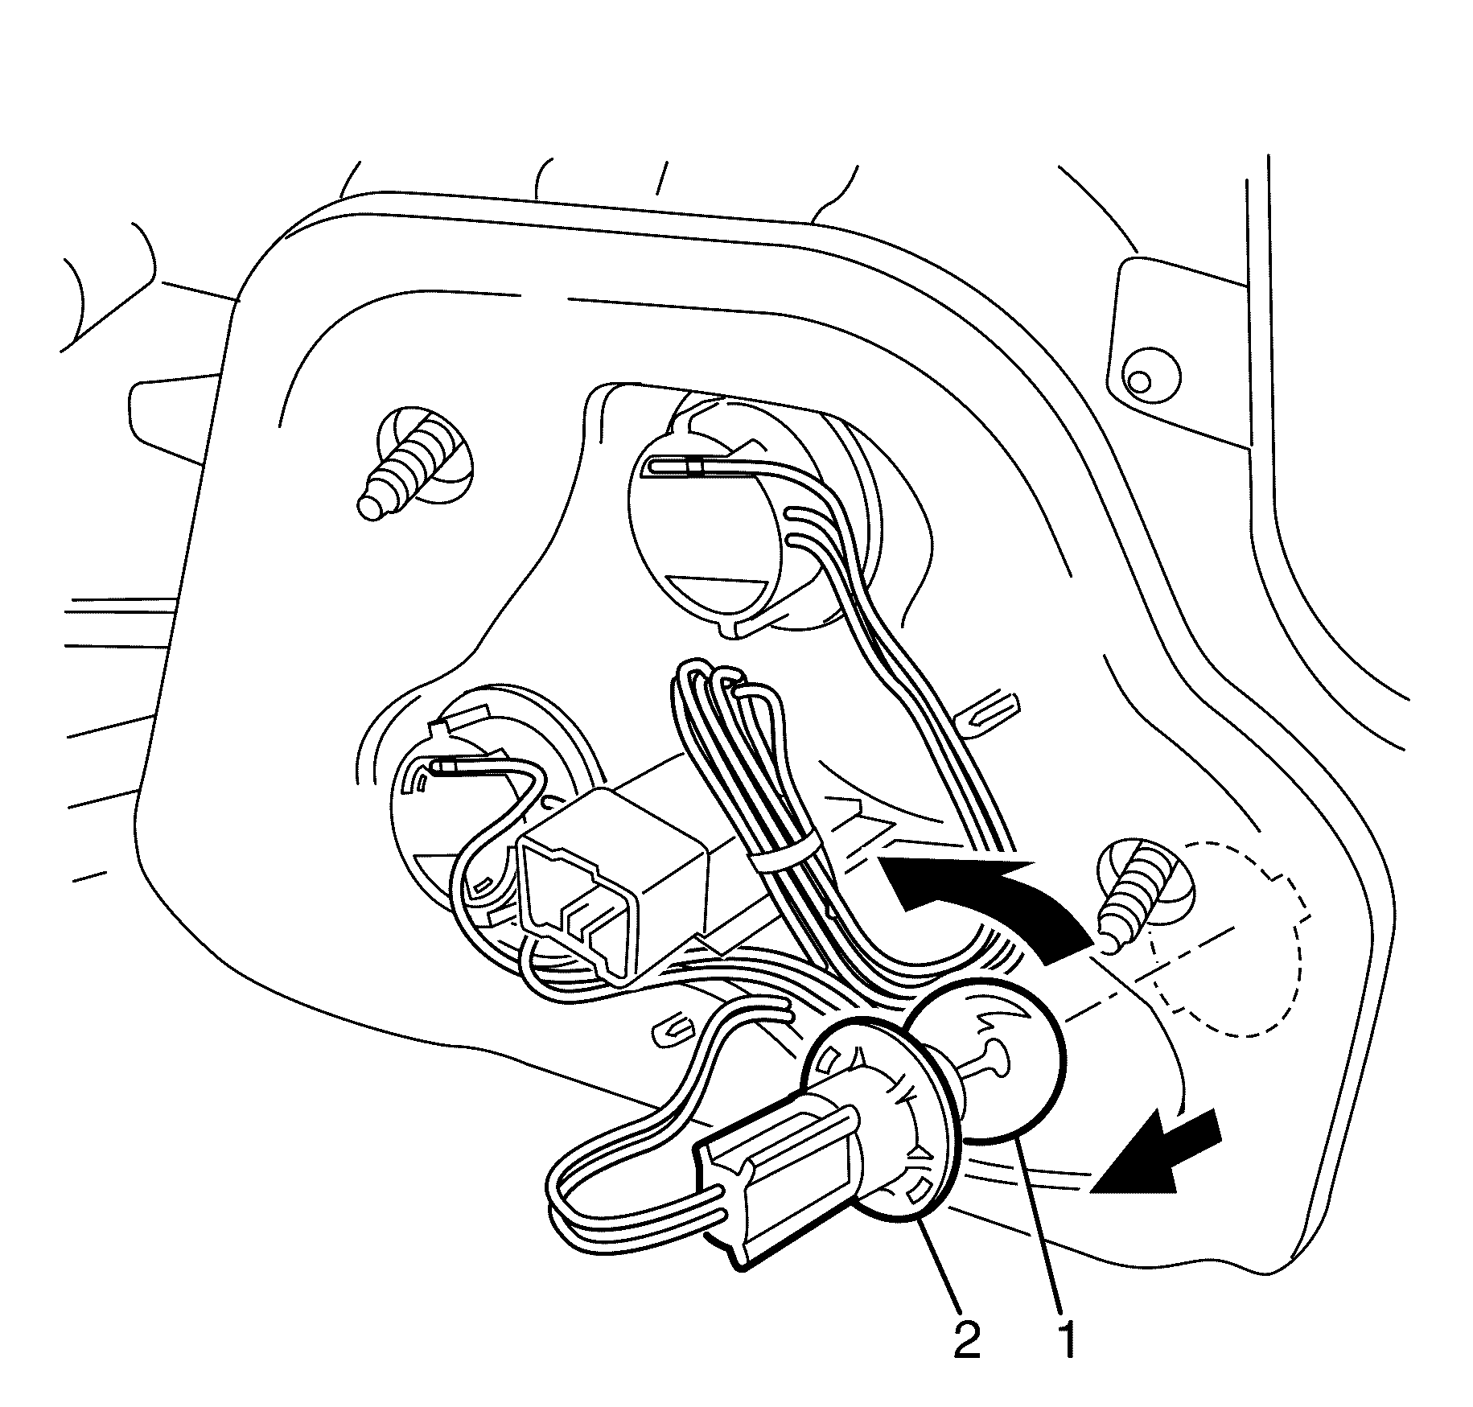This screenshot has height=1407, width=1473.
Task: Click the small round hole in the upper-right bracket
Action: pyautogui.click(x=1138, y=381)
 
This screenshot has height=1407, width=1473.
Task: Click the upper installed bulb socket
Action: pyautogui.click(x=716, y=531)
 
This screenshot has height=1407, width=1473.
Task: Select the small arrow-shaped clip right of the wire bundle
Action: pyautogui.click(x=990, y=708)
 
